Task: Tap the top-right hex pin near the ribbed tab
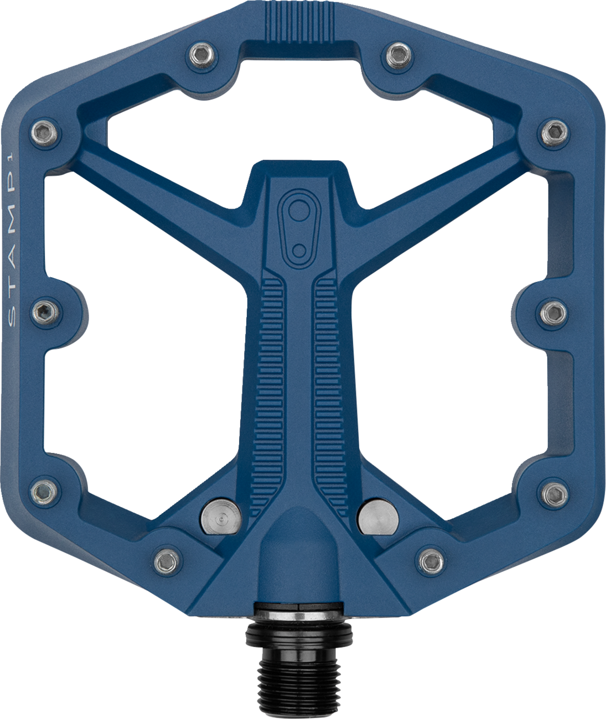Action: coord(397,54)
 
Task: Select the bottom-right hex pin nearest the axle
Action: coord(430,562)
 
